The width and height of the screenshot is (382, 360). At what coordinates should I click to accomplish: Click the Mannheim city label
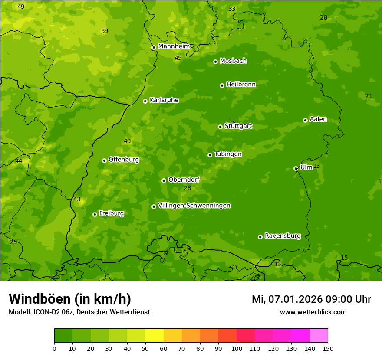[174, 46]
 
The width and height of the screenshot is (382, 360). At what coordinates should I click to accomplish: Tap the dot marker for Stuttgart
[220, 127]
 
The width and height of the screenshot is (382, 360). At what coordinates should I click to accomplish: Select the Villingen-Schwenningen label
[194, 206]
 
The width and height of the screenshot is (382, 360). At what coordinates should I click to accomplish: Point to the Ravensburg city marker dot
[260, 237]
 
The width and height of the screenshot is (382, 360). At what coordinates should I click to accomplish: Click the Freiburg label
[111, 213]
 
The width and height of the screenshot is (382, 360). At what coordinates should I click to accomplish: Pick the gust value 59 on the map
[105, 31]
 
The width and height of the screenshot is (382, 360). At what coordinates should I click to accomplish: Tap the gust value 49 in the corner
[21, 7]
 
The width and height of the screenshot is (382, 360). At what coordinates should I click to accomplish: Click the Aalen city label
[318, 119]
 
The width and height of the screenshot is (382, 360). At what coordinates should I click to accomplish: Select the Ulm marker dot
[296, 168]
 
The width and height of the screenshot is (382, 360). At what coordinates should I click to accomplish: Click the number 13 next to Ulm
[316, 166]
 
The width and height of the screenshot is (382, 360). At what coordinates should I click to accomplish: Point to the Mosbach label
[233, 61]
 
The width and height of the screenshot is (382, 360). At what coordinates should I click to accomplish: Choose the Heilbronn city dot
[222, 85]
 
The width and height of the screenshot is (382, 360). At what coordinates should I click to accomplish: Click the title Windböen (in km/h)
[70, 299]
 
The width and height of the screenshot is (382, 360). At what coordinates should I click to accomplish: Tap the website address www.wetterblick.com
[313, 312]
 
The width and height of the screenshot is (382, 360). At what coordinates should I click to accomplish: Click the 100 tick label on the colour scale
[237, 348]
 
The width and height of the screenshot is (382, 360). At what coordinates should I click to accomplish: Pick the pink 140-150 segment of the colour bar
[319, 336]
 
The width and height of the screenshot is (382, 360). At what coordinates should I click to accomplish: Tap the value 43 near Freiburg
[77, 200]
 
